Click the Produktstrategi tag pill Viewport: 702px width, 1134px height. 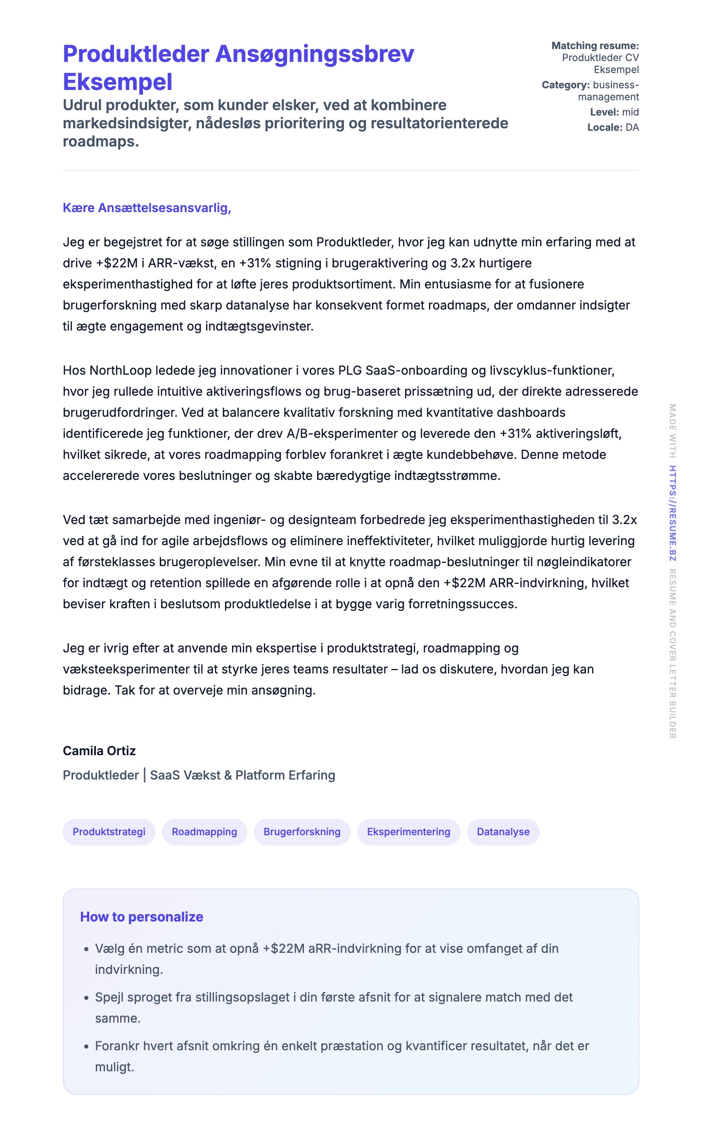pos(109,832)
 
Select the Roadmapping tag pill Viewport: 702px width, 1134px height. pos(204,832)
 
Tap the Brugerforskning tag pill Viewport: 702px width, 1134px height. pos(302,832)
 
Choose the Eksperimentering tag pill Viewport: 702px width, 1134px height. pos(408,832)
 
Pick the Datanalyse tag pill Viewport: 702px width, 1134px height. pos(503,832)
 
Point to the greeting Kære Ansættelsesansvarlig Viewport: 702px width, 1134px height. pos(147,208)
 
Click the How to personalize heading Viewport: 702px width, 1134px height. pos(142,917)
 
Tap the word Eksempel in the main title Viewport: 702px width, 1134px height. pos(117,82)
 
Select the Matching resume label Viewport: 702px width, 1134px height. pos(595,45)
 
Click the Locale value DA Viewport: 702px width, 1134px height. pos(632,127)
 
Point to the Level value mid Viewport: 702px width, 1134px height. pos(631,112)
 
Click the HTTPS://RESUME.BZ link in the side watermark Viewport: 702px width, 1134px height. pos(672,513)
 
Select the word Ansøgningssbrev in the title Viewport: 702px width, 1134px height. pos(314,54)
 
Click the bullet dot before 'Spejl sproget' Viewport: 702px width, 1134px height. pos(86,999)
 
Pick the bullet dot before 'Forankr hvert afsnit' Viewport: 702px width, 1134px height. pos(86,1047)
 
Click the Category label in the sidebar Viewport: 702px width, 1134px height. pos(565,85)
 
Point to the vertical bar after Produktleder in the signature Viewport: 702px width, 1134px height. pos(145,775)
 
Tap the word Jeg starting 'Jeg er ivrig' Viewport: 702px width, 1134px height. pos(74,648)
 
